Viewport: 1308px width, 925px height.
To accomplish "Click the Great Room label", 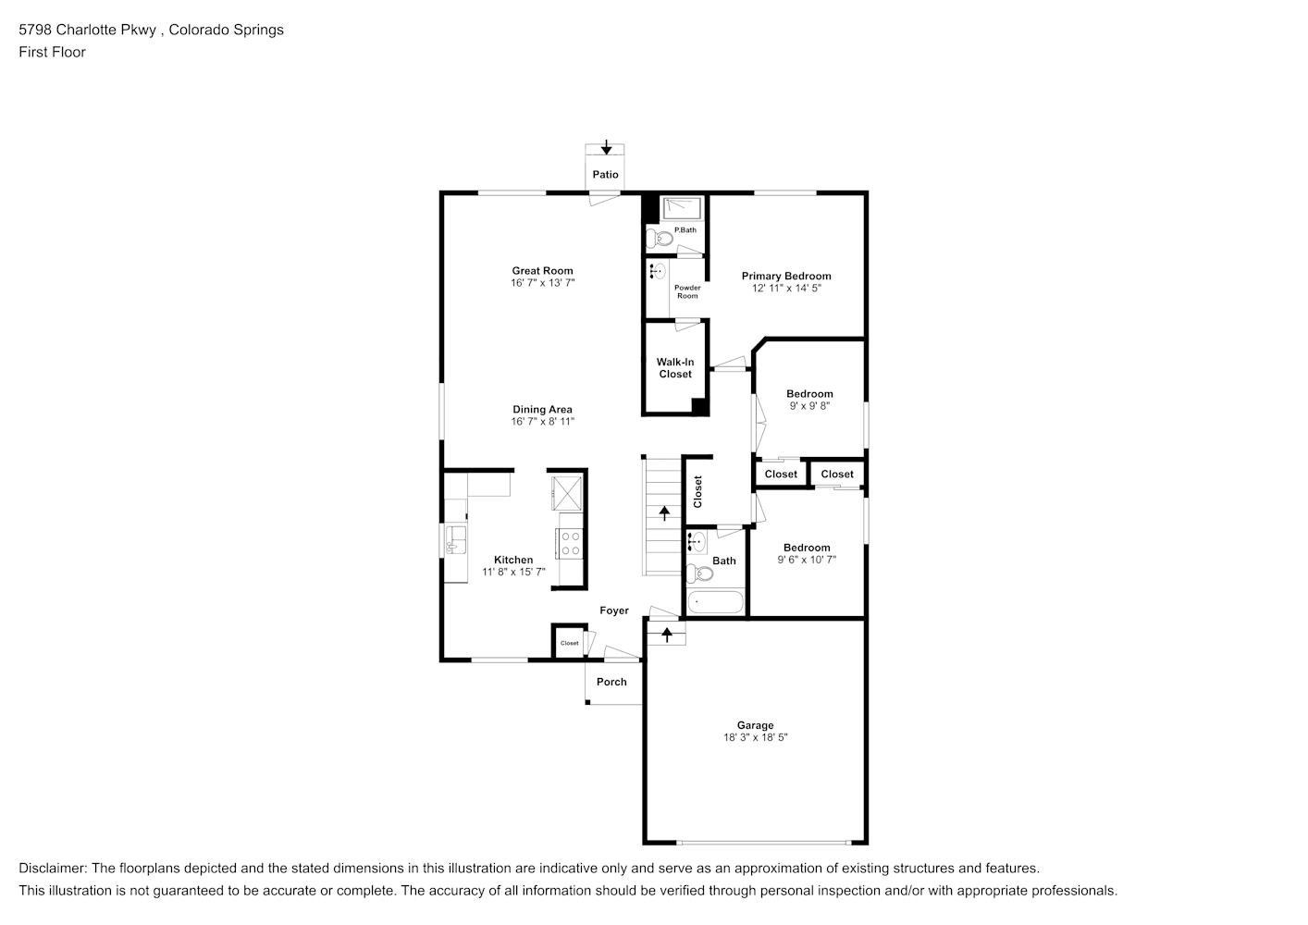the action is click(x=542, y=271).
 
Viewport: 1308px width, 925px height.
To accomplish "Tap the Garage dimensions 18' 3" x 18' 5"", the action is click(x=756, y=737).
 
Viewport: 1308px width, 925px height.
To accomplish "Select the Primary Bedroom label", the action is click(x=786, y=277).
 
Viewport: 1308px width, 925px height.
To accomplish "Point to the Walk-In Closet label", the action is click(x=675, y=368).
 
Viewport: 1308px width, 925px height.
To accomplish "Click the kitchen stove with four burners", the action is click(x=569, y=543).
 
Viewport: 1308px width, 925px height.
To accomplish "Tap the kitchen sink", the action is click(x=455, y=539).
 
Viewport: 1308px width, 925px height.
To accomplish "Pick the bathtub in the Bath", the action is click(x=715, y=602).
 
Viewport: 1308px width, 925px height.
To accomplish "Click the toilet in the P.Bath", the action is click(x=660, y=239).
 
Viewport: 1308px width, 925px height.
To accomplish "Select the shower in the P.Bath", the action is click(x=682, y=208).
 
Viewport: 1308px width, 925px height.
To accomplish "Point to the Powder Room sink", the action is click(x=658, y=272).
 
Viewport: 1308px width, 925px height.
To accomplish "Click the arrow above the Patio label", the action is click(x=606, y=147).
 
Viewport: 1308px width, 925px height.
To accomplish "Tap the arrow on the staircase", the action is click(x=664, y=513).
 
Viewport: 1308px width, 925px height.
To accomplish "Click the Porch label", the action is click(x=611, y=682).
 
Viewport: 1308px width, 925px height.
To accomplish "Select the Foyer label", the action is click(x=614, y=610).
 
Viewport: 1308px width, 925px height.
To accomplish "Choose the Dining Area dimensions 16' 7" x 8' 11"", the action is click(x=542, y=422).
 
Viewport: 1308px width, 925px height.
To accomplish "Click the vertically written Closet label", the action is click(x=697, y=492).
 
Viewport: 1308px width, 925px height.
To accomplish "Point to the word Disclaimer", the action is click(x=52, y=869).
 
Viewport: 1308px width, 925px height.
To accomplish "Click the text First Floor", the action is click(x=52, y=52).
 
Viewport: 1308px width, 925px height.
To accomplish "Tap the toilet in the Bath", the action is click(x=699, y=573).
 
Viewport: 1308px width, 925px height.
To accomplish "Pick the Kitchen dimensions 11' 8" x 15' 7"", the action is click(x=514, y=573).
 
